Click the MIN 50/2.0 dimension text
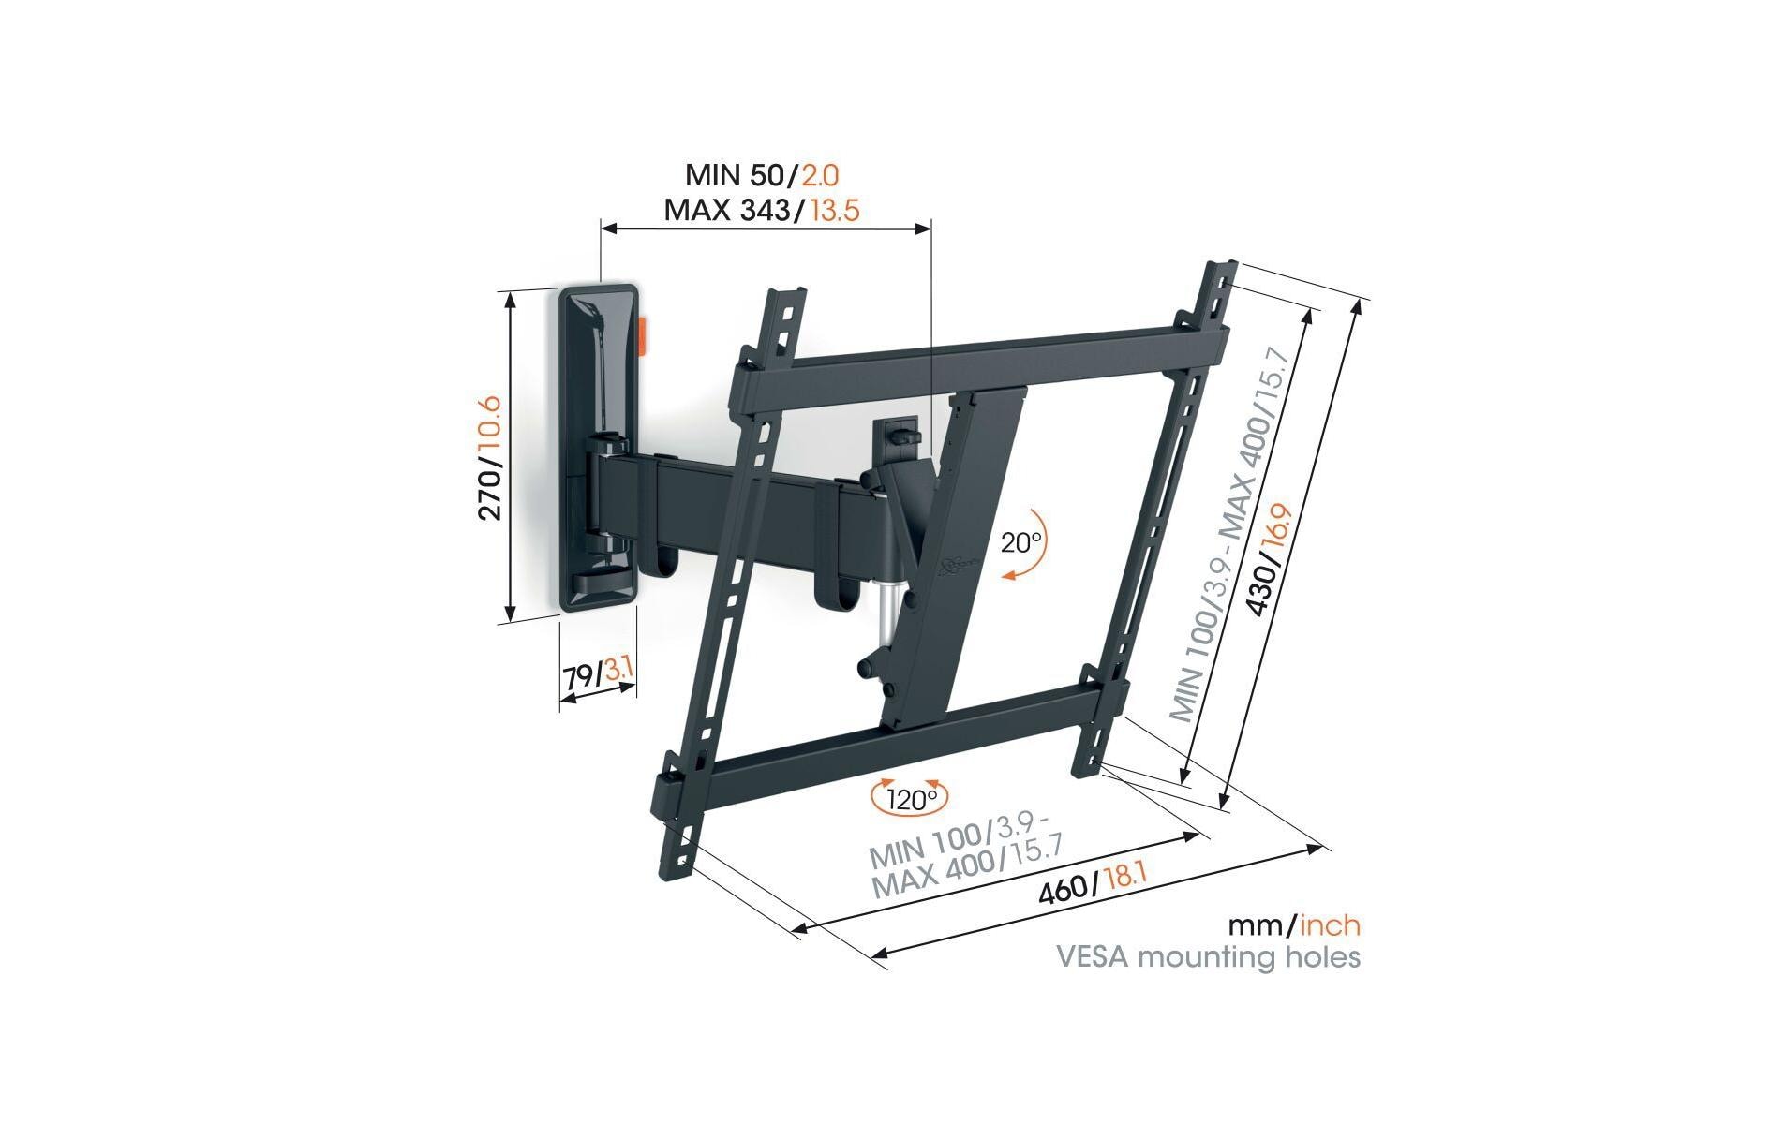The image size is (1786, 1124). pos(761,175)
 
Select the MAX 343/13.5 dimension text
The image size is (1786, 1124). pos(761,209)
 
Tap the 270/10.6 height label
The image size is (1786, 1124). pos(491,458)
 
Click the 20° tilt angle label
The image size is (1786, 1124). pos(1020,542)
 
